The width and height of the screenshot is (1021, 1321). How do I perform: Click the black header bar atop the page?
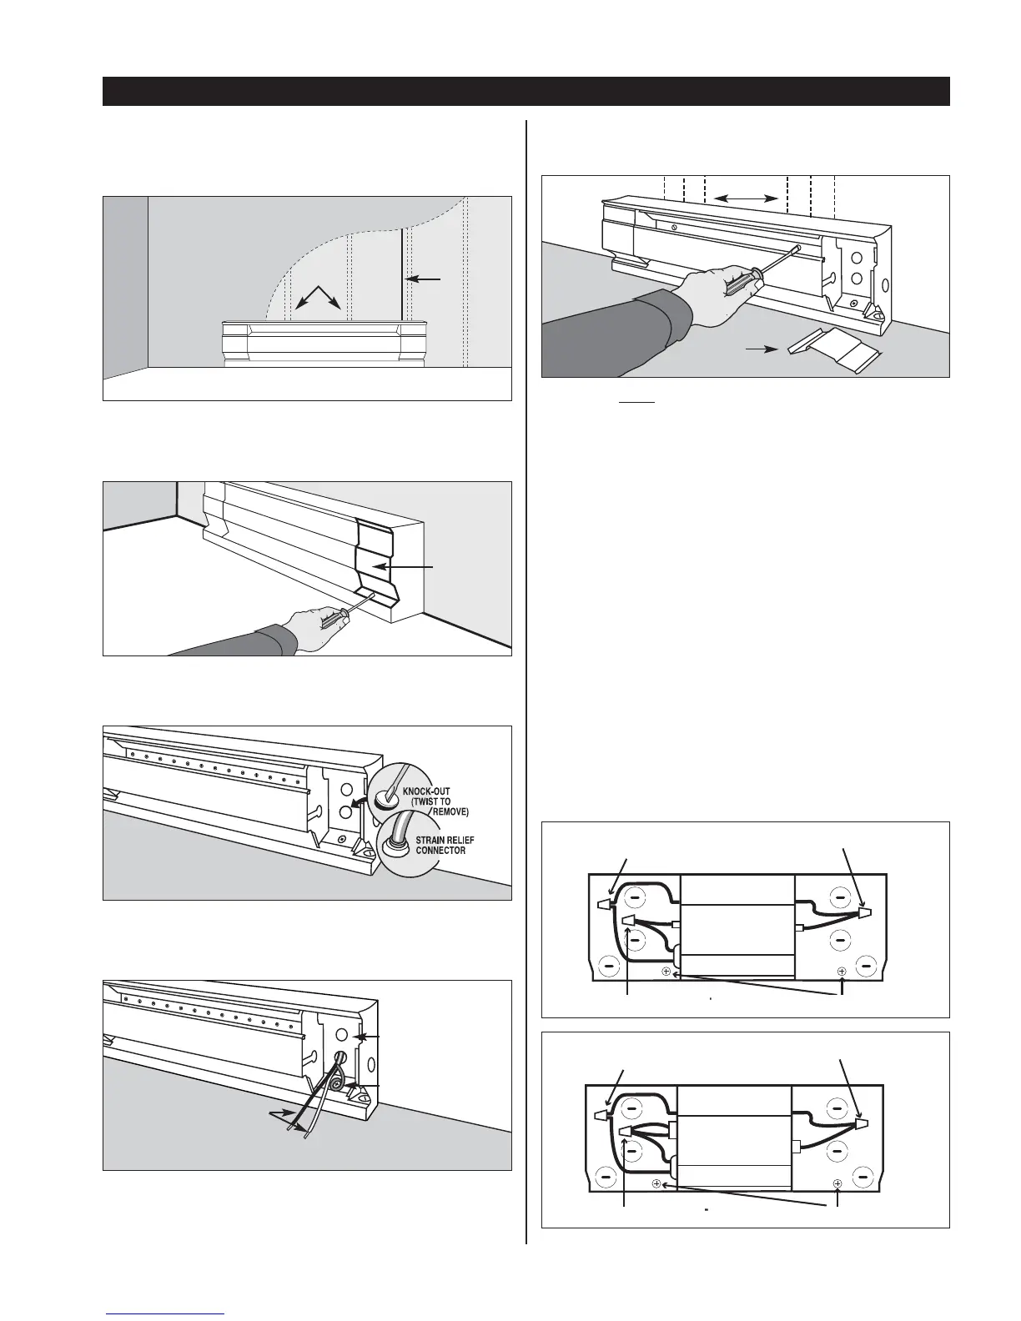pyautogui.click(x=526, y=92)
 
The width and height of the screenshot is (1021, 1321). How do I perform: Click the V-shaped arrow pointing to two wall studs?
pyautogui.click(x=318, y=295)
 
